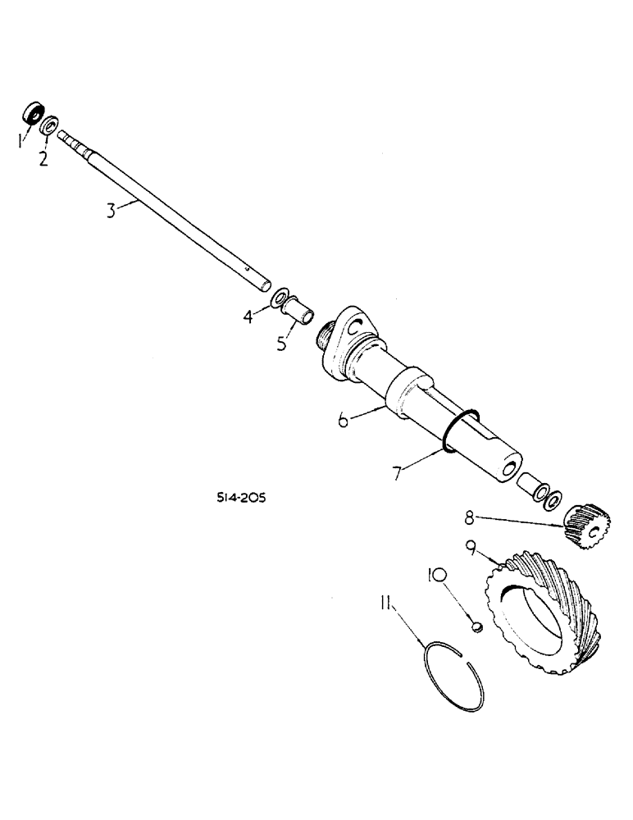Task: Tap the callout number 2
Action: click(43, 157)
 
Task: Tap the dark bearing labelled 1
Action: click(34, 113)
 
